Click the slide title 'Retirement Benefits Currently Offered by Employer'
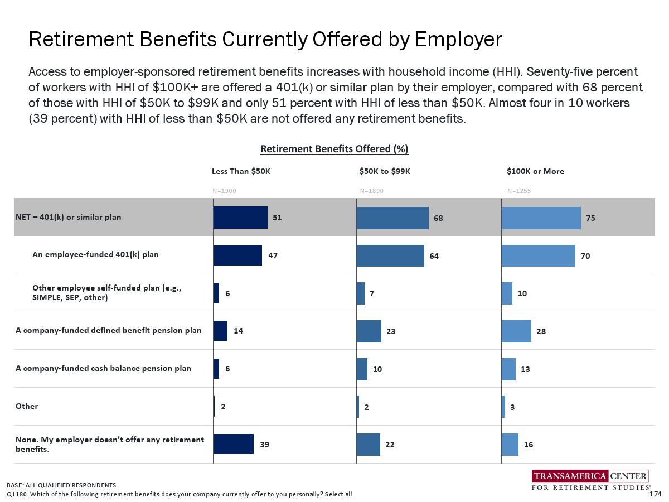click(x=265, y=40)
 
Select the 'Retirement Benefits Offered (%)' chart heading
click(x=334, y=149)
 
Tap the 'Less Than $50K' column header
click(x=241, y=171)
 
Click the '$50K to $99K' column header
click(x=385, y=171)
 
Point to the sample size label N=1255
click(x=518, y=191)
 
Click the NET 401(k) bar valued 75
click(x=541, y=218)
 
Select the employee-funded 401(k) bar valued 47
click(x=237, y=255)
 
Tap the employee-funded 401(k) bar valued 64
click(x=390, y=255)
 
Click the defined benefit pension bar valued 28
click(x=516, y=331)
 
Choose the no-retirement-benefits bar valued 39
click(x=233, y=445)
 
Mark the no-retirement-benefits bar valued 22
click(x=368, y=445)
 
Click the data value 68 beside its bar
click(x=439, y=218)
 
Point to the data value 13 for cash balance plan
click(x=525, y=369)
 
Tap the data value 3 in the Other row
click(x=512, y=407)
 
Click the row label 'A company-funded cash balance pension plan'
click(x=103, y=368)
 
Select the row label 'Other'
click(x=27, y=406)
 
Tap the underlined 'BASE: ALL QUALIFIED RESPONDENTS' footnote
click(x=61, y=485)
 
